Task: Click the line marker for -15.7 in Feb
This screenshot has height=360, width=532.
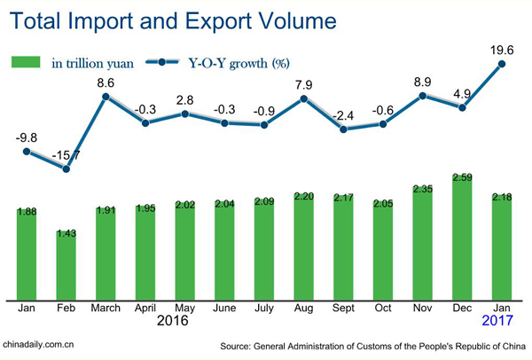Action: [67, 168]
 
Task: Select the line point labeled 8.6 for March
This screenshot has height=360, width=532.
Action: [107, 97]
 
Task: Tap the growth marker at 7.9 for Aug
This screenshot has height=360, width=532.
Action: [303, 99]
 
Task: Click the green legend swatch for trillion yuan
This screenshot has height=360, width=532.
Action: [26, 62]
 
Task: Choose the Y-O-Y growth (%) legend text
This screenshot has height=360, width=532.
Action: [239, 62]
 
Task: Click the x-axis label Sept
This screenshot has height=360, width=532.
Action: [342, 309]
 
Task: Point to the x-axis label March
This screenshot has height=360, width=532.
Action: [107, 309]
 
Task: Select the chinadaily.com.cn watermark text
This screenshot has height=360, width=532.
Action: [39, 344]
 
